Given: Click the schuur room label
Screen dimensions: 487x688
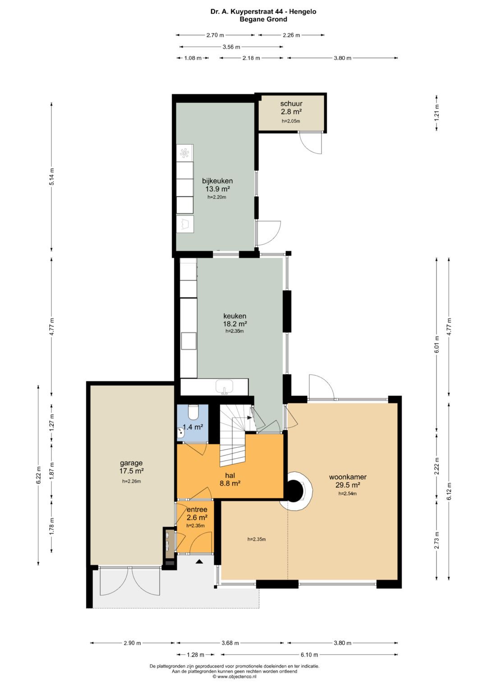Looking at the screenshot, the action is click(291, 104).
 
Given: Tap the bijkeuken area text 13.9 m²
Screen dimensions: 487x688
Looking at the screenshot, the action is click(217, 189).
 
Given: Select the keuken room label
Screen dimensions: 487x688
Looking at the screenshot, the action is click(234, 316).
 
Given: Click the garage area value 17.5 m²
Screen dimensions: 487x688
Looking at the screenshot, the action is click(132, 470).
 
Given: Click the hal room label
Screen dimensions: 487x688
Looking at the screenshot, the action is click(230, 475).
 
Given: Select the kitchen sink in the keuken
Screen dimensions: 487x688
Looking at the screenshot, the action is click(225, 387).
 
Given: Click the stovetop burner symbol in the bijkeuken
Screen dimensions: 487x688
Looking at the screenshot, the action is click(185, 153).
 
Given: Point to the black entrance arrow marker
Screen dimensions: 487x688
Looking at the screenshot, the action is click(199, 561).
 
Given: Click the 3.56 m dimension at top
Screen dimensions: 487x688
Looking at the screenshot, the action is click(231, 47).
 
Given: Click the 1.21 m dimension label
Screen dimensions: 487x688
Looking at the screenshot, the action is click(436, 113).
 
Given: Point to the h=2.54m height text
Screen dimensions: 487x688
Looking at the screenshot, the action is click(347, 493).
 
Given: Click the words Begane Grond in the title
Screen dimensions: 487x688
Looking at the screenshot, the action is click(263, 19).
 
